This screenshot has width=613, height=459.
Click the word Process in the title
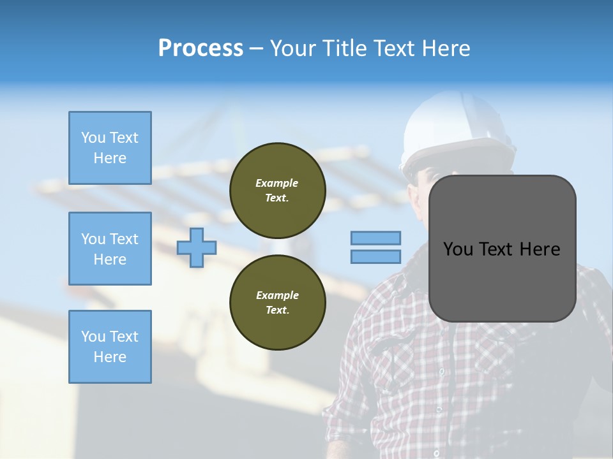click(201, 48)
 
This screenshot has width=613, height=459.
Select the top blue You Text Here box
click(110, 148)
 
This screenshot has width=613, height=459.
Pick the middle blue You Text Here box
click(110, 249)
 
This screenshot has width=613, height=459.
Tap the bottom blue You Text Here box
click(110, 347)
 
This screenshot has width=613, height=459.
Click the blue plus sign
click(197, 247)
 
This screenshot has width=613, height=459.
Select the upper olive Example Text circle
click(278, 190)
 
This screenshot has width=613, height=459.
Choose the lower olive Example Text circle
click(278, 302)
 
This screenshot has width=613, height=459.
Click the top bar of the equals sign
click(375, 238)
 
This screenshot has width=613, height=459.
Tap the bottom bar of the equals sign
click(375, 256)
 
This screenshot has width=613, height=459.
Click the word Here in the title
click(444, 48)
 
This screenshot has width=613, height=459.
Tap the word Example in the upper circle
click(277, 183)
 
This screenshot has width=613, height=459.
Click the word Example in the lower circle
click(277, 295)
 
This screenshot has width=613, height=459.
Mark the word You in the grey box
click(458, 249)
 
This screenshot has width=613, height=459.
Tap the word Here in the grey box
click(540, 249)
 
